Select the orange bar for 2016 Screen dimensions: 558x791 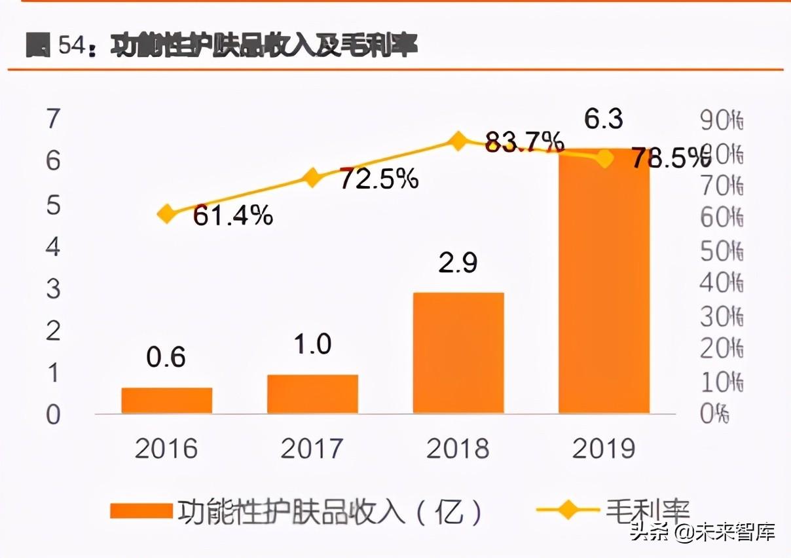click(167, 400)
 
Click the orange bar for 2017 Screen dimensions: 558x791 click(312, 394)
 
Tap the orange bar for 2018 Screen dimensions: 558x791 click(458, 352)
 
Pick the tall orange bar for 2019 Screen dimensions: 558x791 click(604, 282)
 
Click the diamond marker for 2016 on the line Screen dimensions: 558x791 click(167, 214)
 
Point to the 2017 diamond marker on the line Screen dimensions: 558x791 click(312, 177)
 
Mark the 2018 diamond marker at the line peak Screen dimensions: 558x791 click(458, 141)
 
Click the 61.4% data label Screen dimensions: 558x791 click(232, 215)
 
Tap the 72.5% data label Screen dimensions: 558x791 click(378, 178)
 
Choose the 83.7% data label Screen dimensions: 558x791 click(524, 141)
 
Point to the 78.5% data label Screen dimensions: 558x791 click(670, 158)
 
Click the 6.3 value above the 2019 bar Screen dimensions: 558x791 click(604, 120)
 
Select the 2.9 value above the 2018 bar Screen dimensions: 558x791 click(458, 263)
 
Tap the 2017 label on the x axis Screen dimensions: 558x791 click(312, 449)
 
